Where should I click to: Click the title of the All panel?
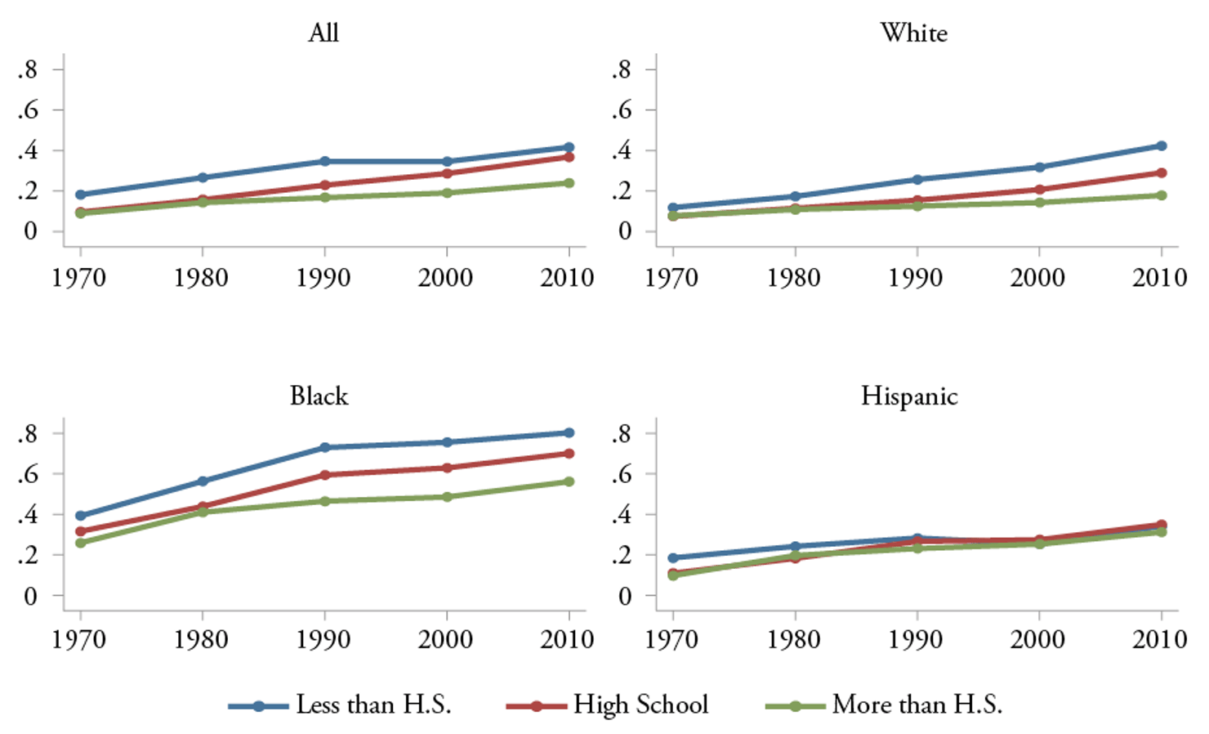pyautogui.click(x=323, y=33)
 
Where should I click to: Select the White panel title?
pyautogui.click(x=914, y=33)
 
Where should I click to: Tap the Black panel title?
pyautogui.click(x=319, y=396)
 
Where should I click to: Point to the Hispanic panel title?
pyautogui.click(x=909, y=396)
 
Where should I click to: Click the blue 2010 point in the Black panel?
pyautogui.click(x=569, y=432)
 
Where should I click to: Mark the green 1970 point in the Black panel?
pyautogui.click(x=80, y=543)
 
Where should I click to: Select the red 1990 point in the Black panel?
pyautogui.click(x=325, y=475)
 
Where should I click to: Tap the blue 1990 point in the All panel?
pyautogui.click(x=325, y=161)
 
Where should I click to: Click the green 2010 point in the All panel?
pyautogui.click(x=569, y=183)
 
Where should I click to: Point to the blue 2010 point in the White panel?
pyautogui.click(x=1161, y=145)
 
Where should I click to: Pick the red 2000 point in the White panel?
pyautogui.click(x=1039, y=190)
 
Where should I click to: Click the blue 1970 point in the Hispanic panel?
pyautogui.click(x=672, y=558)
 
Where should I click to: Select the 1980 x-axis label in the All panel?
pyautogui.click(x=201, y=278)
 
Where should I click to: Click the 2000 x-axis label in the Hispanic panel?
pyautogui.click(x=1037, y=639)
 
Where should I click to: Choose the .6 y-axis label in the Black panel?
pyautogui.click(x=29, y=473)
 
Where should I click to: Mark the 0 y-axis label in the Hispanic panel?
pyautogui.click(x=624, y=596)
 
